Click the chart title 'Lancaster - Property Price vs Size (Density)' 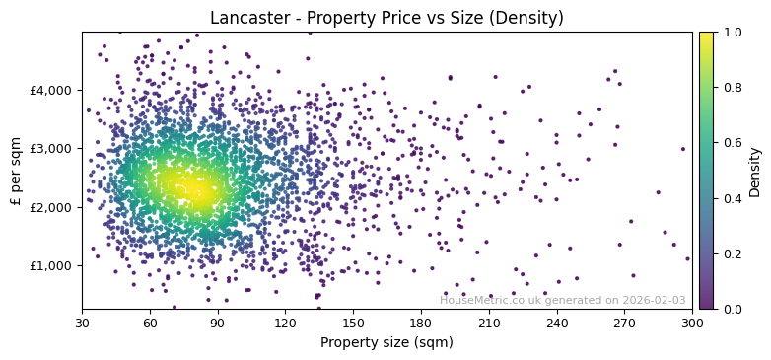tap(386, 18)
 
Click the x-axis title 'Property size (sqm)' tap(386, 342)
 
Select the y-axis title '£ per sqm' tap(16, 171)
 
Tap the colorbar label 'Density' tap(755, 171)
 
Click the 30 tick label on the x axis tap(82, 323)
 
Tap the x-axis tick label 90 tap(218, 323)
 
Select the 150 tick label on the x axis tap(353, 323)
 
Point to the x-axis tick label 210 tap(489, 323)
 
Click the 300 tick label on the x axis tap(692, 323)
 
